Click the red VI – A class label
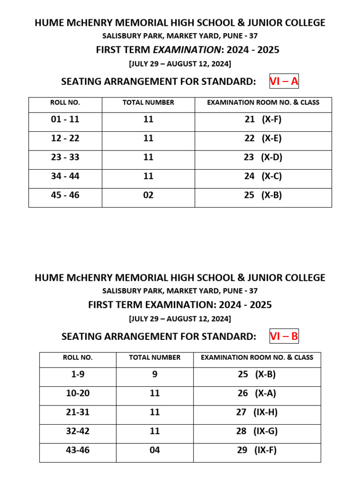click(284, 82)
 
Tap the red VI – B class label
click(284, 337)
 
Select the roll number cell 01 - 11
click(65, 120)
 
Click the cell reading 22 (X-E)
click(263, 139)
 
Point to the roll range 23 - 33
click(65, 157)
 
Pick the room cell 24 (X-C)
click(263, 177)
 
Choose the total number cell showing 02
click(148, 195)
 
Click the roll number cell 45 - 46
click(65, 195)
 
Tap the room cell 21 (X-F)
click(263, 120)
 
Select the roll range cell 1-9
click(78, 375)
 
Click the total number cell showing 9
click(155, 375)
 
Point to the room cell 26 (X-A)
click(257, 394)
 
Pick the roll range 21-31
click(78, 412)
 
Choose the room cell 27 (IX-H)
click(257, 412)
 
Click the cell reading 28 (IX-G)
click(257, 431)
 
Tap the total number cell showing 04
click(155, 450)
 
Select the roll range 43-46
click(78, 450)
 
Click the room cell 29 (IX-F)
click(257, 450)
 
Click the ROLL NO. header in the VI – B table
click(78, 358)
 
